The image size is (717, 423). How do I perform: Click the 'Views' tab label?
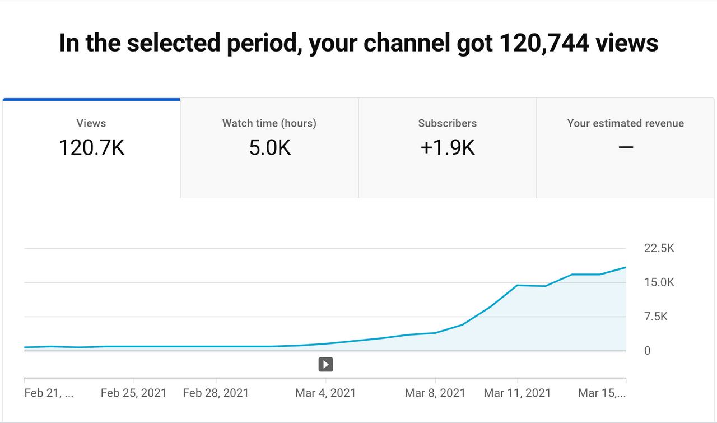click(x=91, y=123)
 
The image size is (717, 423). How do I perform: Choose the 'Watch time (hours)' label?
click(x=269, y=123)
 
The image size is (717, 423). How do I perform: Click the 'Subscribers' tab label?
click(x=448, y=123)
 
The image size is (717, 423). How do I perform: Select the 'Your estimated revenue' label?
click(x=626, y=123)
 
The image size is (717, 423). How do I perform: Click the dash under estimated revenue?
click(x=626, y=147)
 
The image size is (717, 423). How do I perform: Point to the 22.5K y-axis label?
click(x=659, y=249)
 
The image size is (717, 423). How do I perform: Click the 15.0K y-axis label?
click(x=659, y=283)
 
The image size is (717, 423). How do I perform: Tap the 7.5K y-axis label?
click(x=656, y=317)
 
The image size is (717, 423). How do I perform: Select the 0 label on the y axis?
click(x=648, y=351)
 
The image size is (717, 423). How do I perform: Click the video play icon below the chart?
click(x=325, y=365)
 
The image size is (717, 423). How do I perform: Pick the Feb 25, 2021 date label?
click(x=133, y=393)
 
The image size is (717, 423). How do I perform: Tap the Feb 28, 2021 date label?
click(x=216, y=393)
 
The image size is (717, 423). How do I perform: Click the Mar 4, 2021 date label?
click(x=325, y=393)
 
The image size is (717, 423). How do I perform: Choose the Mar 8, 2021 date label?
click(x=435, y=393)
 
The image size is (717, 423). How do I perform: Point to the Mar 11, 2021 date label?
click(x=518, y=393)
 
